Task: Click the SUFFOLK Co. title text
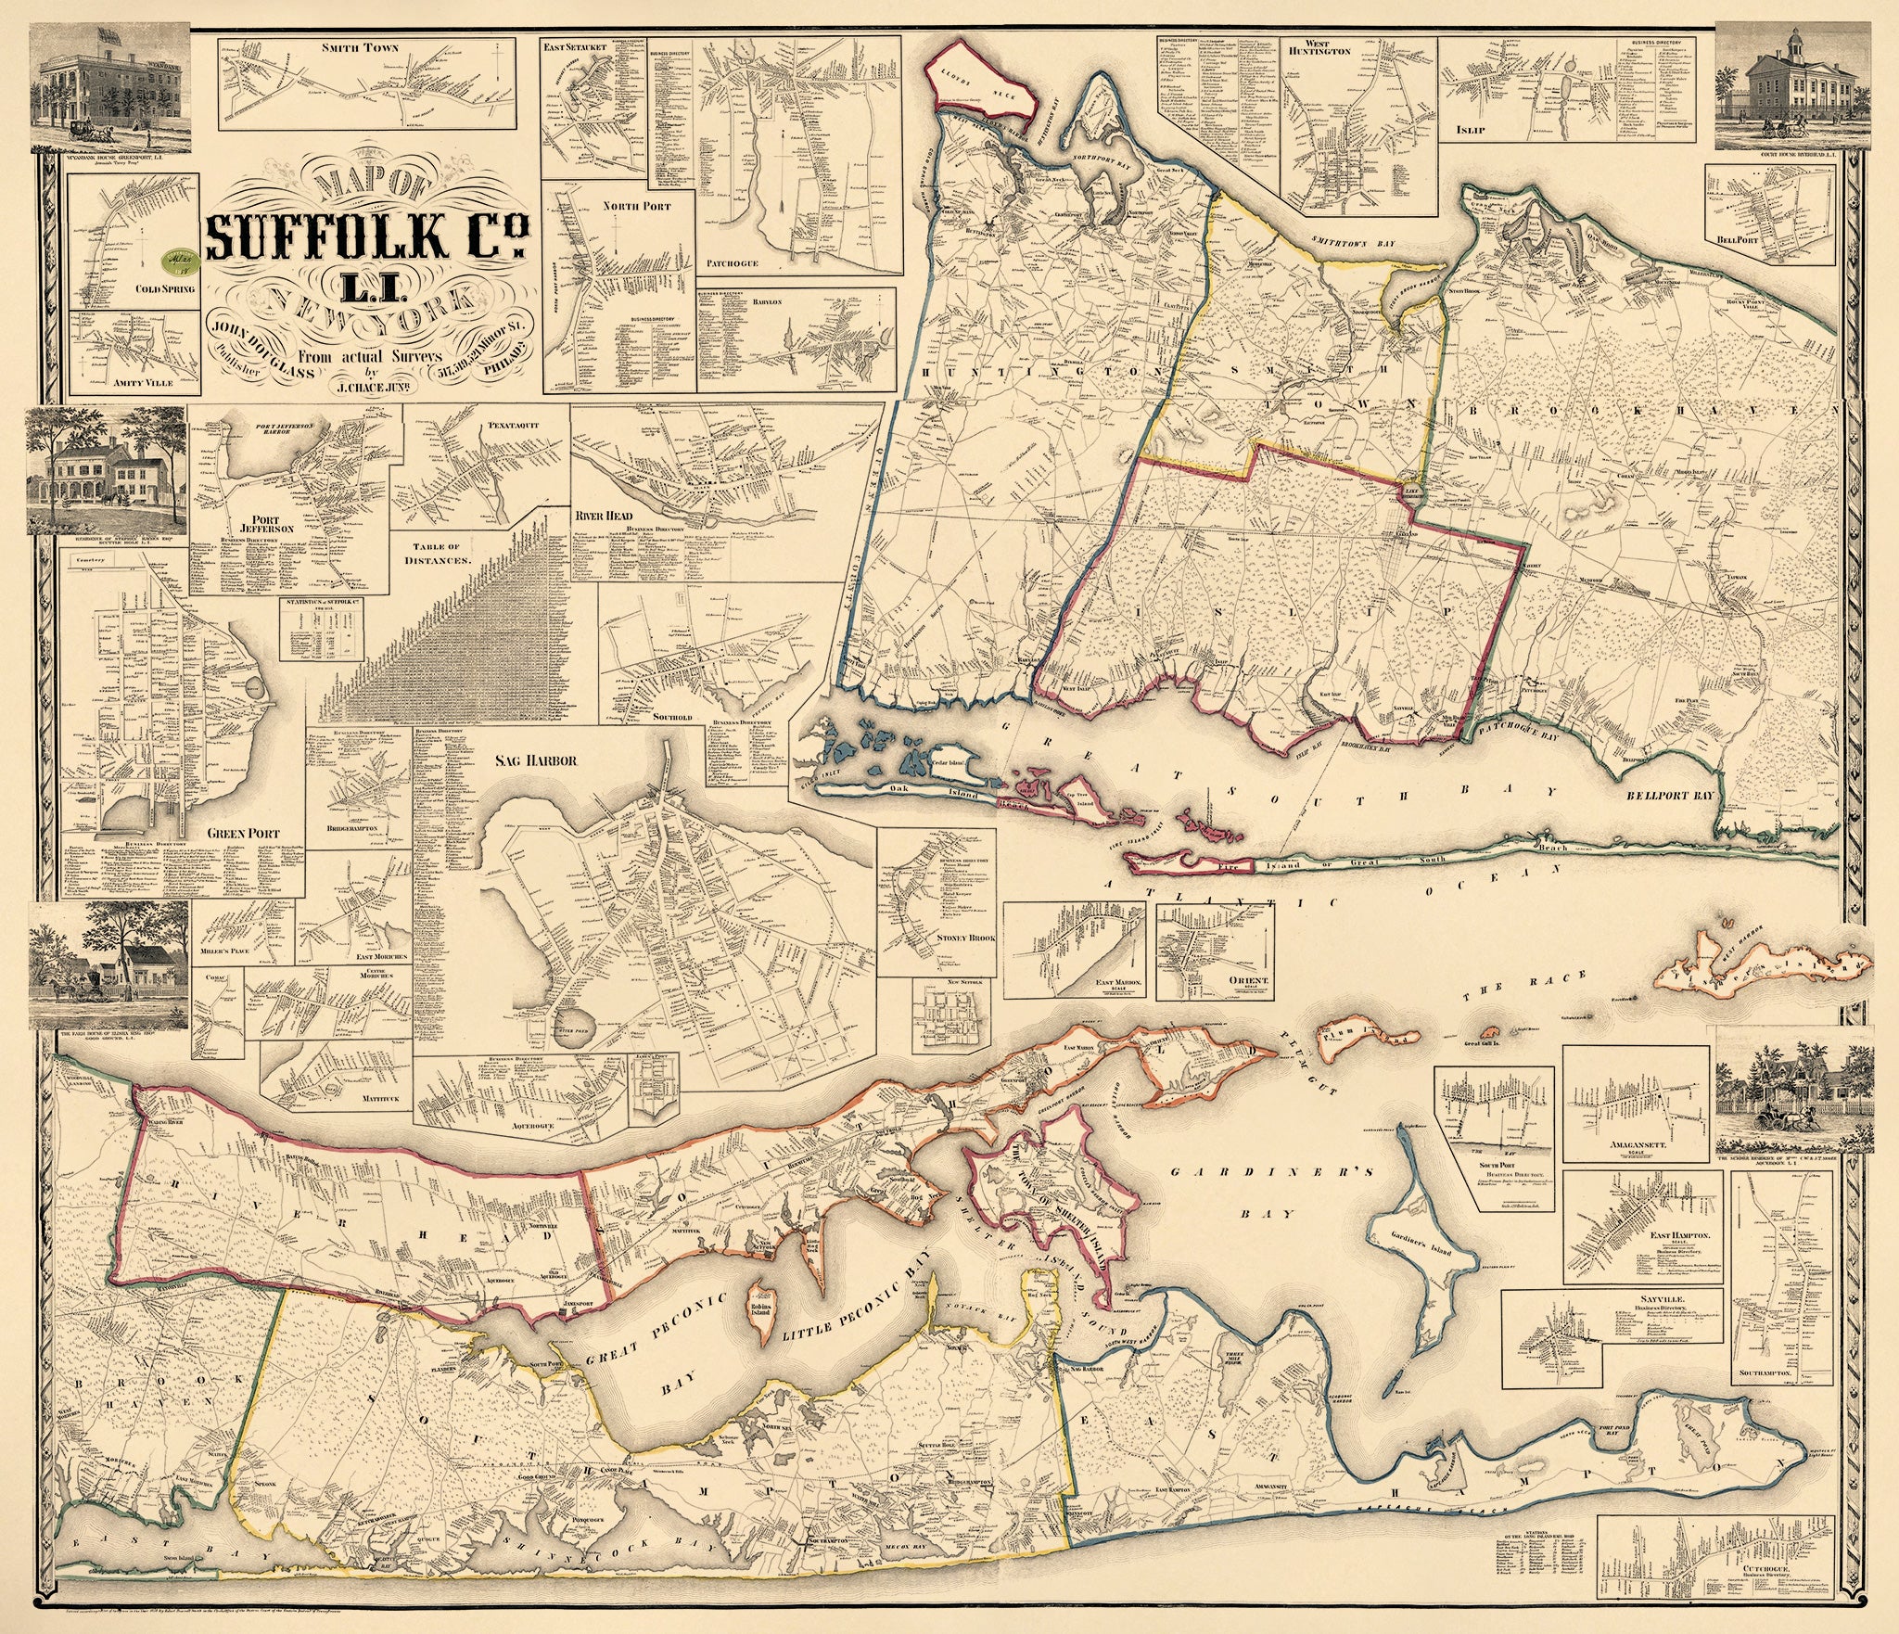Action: click(367, 237)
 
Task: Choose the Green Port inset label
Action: click(243, 833)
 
